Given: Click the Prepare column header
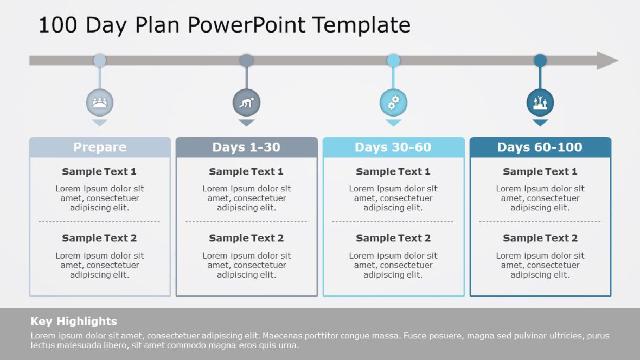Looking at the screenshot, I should tap(100, 147).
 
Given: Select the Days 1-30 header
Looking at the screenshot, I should tap(246, 147).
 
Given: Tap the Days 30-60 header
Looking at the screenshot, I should tap(393, 147).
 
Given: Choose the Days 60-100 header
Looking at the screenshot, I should tap(540, 147).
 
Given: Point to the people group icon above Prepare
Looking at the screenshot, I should tap(100, 102).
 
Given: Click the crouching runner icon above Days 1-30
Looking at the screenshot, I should tap(246, 102).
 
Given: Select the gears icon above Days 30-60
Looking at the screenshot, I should tap(393, 102).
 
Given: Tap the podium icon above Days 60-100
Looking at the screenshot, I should tap(540, 102).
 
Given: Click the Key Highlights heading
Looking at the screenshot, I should tap(74, 321).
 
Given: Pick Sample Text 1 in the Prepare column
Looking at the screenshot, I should tap(99, 172).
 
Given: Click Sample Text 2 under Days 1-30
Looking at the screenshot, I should tap(246, 238).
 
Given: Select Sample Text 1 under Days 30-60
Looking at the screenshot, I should tap(393, 172).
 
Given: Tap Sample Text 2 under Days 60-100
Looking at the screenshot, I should tap(540, 238).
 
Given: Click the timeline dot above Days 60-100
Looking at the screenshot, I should tap(540, 60).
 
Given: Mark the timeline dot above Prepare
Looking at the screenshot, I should tap(100, 60).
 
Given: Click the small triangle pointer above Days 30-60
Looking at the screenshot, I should tap(393, 123).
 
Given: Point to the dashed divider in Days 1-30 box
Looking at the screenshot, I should tap(246, 222).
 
